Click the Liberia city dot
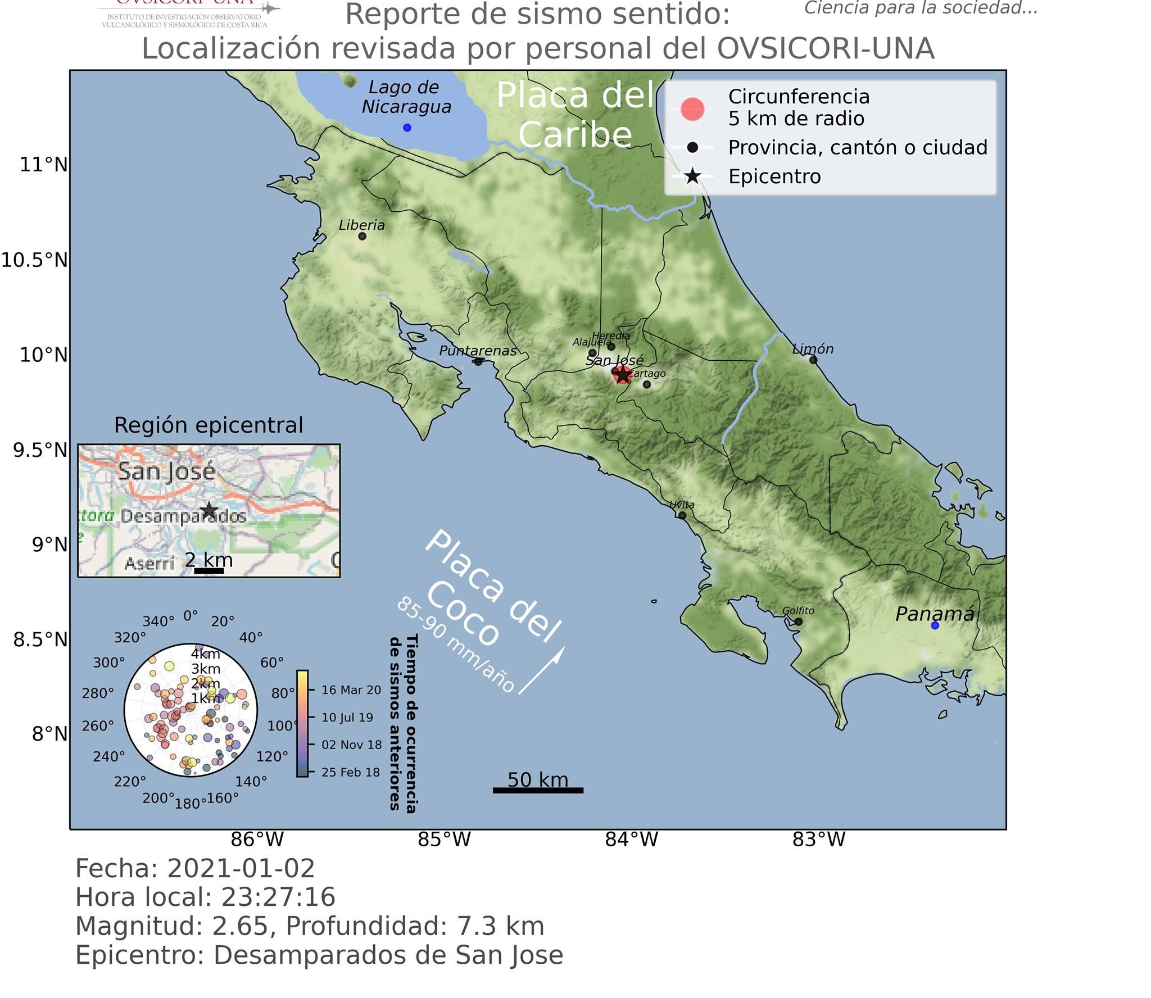(x=362, y=236)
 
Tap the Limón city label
(x=812, y=349)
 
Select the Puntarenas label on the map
(x=477, y=351)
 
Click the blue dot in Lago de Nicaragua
(x=407, y=128)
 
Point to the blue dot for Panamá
(x=935, y=625)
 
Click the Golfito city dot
(x=798, y=622)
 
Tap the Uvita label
(x=682, y=505)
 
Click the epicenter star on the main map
(x=622, y=374)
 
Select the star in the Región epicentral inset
(x=209, y=510)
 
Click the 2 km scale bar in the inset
(x=209, y=571)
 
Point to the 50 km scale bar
(x=538, y=790)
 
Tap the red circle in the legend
(x=692, y=108)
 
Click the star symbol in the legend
(x=692, y=176)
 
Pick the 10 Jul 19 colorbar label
(x=347, y=718)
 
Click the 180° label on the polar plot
(x=190, y=804)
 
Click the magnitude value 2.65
(x=240, y=926)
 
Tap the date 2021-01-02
(x=241, y=868)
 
